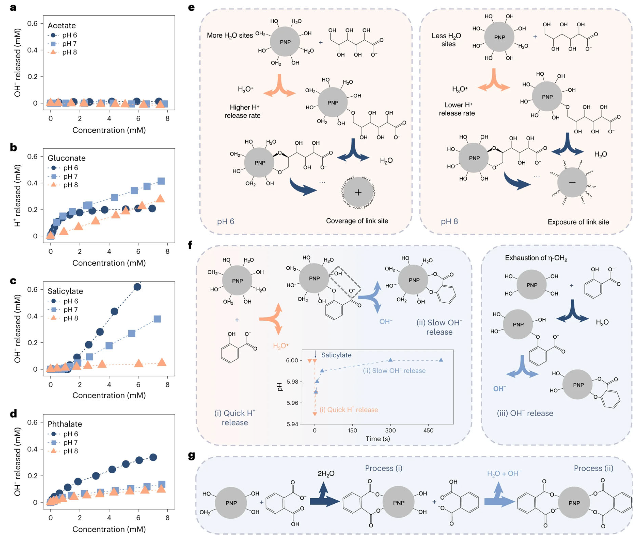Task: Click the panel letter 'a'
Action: click(x=13, y=7)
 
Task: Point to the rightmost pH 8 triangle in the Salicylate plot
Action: click(x=161, y=362)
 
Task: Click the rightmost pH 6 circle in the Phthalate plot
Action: click(x=153, y=457)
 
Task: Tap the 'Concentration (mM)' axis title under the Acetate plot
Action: click(x=109, y=130)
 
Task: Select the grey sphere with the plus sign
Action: click(x=358, y=192)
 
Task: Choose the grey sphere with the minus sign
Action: click(x=572, y=183)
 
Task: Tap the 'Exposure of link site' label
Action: click(x=578, y=222)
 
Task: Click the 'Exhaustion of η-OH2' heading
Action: click(x=536, y=258)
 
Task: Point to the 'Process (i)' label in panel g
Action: click(x=383, y=468)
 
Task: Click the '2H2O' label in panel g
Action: click(x=326, y=474)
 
